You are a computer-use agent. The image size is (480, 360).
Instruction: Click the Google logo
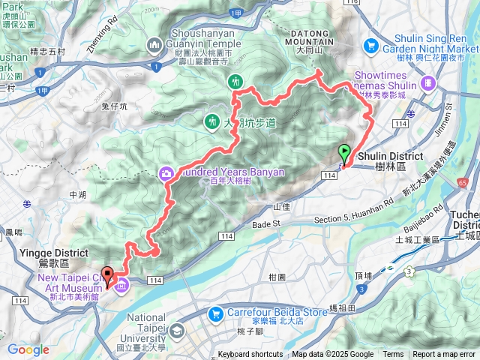(28, 349)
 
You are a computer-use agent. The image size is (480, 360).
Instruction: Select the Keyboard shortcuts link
(250, 355)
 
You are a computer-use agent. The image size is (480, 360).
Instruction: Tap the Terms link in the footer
(393, 355)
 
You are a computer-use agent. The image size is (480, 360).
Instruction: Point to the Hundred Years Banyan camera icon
(165, 172)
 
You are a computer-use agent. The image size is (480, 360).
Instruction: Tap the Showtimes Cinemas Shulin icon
(427, 82)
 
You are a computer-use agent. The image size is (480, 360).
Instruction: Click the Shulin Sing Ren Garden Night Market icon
(371, 46)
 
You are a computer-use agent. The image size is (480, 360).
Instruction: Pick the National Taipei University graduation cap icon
(178, 331)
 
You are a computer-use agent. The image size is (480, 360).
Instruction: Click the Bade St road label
(265, 223)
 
